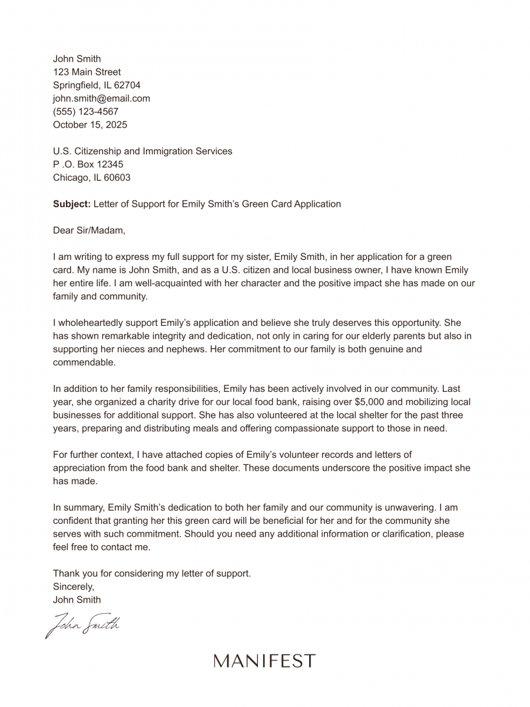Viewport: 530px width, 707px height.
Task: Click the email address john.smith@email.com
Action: (x=101, y=98)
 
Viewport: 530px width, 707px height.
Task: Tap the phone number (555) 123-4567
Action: (x=85, y=111)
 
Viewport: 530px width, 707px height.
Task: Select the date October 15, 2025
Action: (x=90, y=125)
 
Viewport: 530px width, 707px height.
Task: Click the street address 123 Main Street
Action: (x=87, y=72)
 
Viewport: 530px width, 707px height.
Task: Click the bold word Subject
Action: (x=71, y=204)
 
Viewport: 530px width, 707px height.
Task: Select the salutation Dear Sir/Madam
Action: (x=89, y=230)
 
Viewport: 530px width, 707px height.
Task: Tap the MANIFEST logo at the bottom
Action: (x=264, y=661)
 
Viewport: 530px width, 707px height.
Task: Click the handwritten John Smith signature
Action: (x=82, y=625)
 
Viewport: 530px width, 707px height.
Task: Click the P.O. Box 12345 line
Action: (x=88, y=164)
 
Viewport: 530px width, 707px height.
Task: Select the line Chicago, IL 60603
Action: (x=91, y=177)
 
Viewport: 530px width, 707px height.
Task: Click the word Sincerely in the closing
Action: (x=74, y=586)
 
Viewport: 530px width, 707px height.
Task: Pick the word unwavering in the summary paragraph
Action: (x=407, y=507)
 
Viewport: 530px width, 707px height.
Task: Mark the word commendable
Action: (x=84, y=362)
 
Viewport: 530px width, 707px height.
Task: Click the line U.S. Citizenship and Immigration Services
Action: (x=143, y=151)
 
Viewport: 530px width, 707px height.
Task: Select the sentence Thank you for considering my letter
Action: (x=152, y=573)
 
